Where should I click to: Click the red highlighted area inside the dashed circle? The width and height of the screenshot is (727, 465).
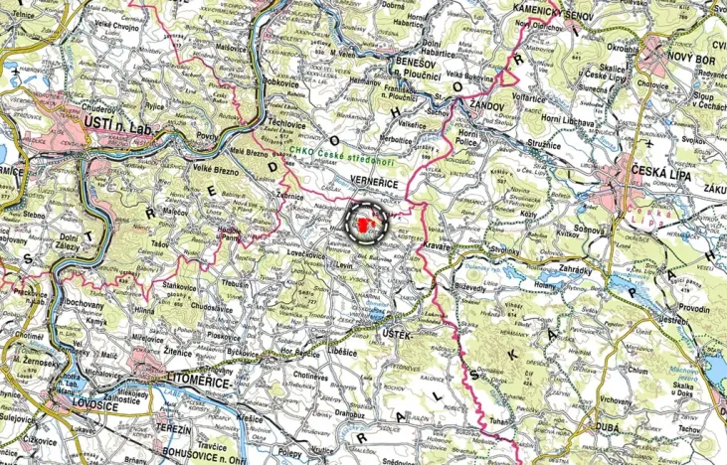(x=368, y=225)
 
